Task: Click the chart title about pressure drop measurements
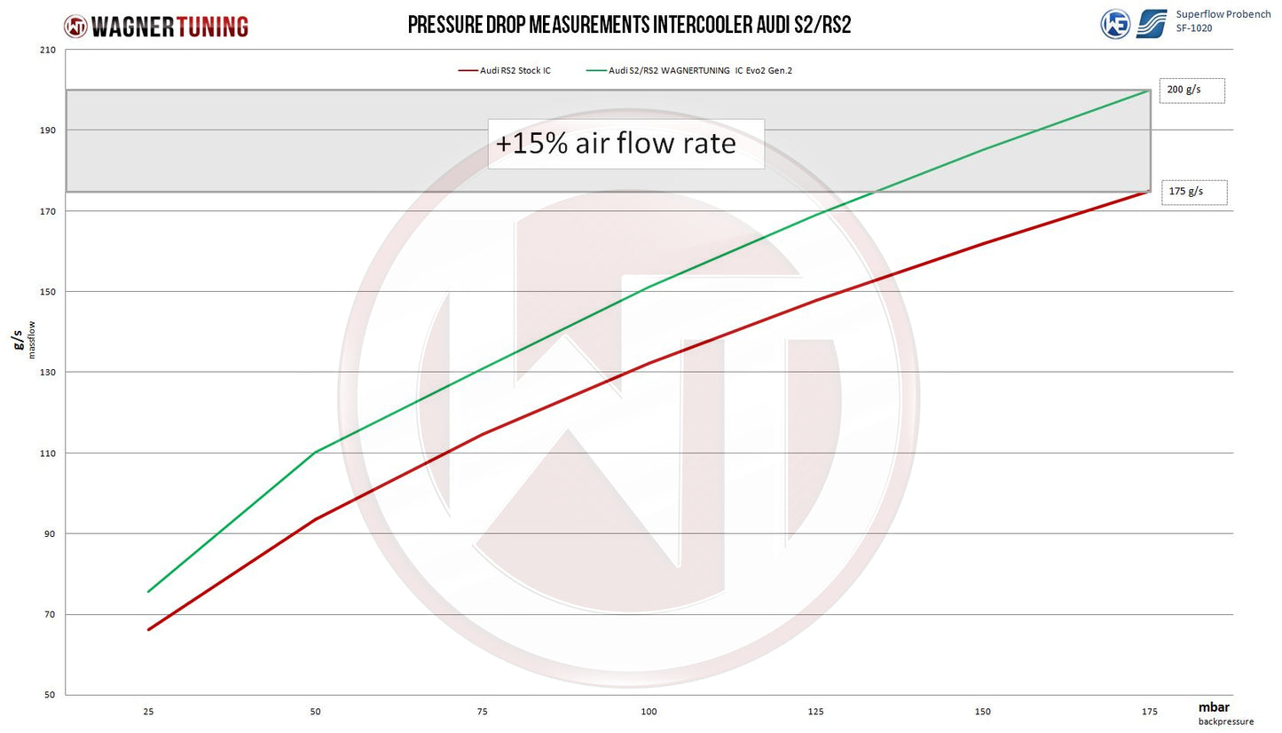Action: pyautogui.click(x=629, y=25)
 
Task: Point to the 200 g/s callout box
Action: pyautogui.click(x=1192, y=91)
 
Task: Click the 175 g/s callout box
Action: pyautogui.click(x=1193, y=192)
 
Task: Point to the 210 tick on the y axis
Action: pyautogui.click(x=47, y=50)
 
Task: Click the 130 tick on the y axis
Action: pyautogui.click(x=47, y=372)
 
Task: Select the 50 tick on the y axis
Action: pyautogui.click(x=50, y=695)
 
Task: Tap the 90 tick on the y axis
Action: pyautogui.click(x=50, y=533)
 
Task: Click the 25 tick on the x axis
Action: pyautogui.click(x=147, y=712)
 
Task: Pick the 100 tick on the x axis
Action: pyautogui.click(x=649, y=712)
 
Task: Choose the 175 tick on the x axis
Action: pyautogui.click(x=1149, y=712)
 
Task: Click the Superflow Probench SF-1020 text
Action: pyautogui.click(x=1222, y=21)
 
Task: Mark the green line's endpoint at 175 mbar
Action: pyautogui.click(x=1150, y=90)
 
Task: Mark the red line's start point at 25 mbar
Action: pyautogui.click(x=148, y=629)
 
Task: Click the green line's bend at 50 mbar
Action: pyautogui.click(x=315, y=453)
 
